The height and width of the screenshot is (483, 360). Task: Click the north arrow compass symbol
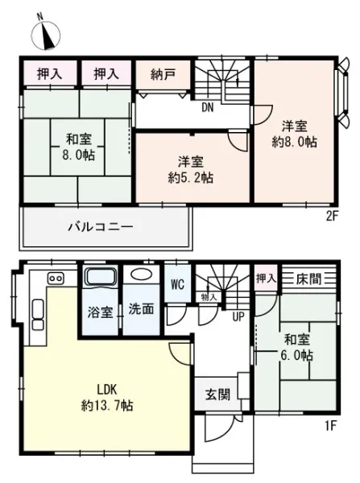coord(46,34)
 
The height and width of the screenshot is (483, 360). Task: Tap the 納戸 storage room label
coord(163,74)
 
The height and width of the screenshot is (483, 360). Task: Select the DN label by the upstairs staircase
coord(208,108)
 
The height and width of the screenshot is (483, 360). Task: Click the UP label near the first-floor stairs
coord(238,316)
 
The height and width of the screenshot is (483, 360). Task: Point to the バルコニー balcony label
coord(101,227)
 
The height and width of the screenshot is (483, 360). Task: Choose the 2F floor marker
coord(333,217)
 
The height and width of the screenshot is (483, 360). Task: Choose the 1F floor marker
coord(329,427)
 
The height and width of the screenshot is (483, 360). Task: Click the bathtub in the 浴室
coord(101,276)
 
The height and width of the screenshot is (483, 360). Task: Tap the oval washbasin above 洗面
coord(142,274)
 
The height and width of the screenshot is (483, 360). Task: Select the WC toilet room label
coord(177,284)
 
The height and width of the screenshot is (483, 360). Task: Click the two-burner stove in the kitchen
coord(56,278)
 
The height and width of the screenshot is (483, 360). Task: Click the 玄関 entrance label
coord(217,394)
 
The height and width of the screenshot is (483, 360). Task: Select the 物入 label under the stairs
coord(209,297)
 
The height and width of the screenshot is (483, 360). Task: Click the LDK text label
coord(107,390)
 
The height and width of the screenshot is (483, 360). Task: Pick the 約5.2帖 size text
coord(191,178)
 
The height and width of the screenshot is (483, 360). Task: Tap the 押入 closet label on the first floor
coord(266,279)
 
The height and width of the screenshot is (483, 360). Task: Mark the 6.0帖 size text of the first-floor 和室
coord(296,356)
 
